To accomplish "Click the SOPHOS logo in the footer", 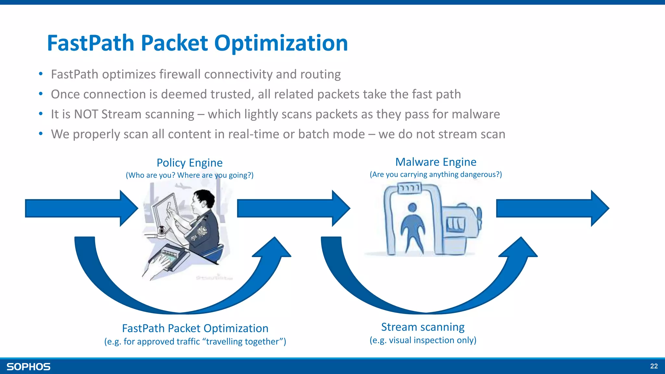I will click(x=29, y=367).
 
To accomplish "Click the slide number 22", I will click(x=654, y=366).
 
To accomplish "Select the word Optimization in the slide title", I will click(x=281, y=43).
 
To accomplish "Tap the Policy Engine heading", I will click(x=190, y=163).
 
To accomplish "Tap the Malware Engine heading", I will click(x=436, y=162).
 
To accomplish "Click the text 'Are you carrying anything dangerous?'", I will click(x=436, y=174).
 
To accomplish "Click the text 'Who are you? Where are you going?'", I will click(x=190, y=175).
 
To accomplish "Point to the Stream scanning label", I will click(x=423, y=327).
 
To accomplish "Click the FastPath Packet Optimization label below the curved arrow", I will click(x=195, y=328).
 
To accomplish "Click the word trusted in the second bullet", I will click(x=232, y=94).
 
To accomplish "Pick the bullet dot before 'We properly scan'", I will click(x=41, y=133).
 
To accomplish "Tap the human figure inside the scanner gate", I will click(x=412, y=227).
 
